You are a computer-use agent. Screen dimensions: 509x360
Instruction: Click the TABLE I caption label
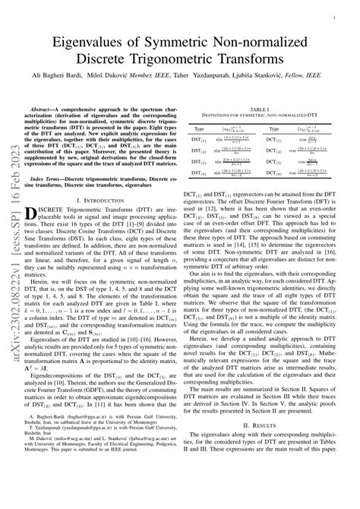pos(270,109)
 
